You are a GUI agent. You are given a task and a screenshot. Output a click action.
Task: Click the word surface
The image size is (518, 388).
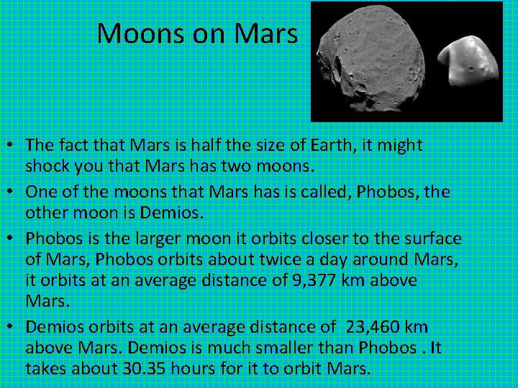pos(432,239)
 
